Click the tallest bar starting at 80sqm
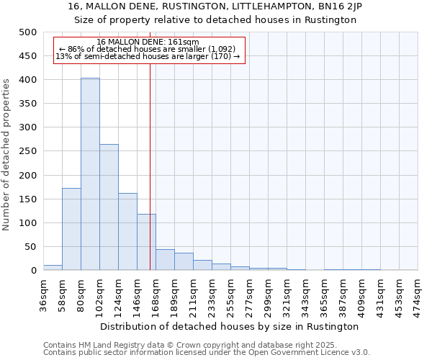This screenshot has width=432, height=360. tap(90, 174)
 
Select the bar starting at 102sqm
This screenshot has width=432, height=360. tap(109, 207)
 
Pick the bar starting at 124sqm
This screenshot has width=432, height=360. tap(127, 231)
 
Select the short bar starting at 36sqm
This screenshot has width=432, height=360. tap(53, 267)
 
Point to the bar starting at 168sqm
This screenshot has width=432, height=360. tap(165, 260)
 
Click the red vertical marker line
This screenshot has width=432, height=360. tap(150, 158)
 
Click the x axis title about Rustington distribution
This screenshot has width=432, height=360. tap(230, 326)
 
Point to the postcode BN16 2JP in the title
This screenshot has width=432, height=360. tap(341, 6)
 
